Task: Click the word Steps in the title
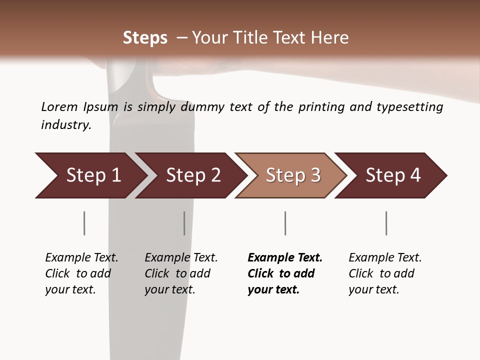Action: point(145,38)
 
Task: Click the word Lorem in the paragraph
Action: point(59,107)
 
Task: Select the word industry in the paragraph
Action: point(66,125)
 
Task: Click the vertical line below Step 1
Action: point(84,223)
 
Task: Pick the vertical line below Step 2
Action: point(184,223)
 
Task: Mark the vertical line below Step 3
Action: point(285,223)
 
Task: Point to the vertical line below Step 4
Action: point(386,223)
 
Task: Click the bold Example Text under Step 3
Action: point(285,258)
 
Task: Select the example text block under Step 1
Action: point(81,273)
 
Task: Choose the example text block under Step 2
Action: point(181,273)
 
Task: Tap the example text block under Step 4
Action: point(385,273)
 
